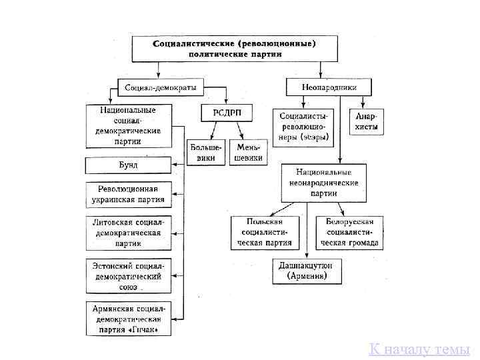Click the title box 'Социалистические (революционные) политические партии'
[x=235, y=49]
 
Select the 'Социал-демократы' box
[x=161, y=87]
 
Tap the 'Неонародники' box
[x=329, y=87]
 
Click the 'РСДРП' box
[x=227, y=112]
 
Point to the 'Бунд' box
[x=128, y=164]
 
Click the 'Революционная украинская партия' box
[x=128, y=194]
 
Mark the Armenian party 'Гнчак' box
[x=128, y=319]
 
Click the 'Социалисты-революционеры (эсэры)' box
[x=304, y=125]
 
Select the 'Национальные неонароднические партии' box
[x=323, y=182]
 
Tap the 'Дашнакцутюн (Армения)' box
[x=307, y=271]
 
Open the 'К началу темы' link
[x=419, y=349]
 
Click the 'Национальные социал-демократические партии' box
[x=128, y=125]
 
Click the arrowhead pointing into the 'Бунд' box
[x=175, y=164]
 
